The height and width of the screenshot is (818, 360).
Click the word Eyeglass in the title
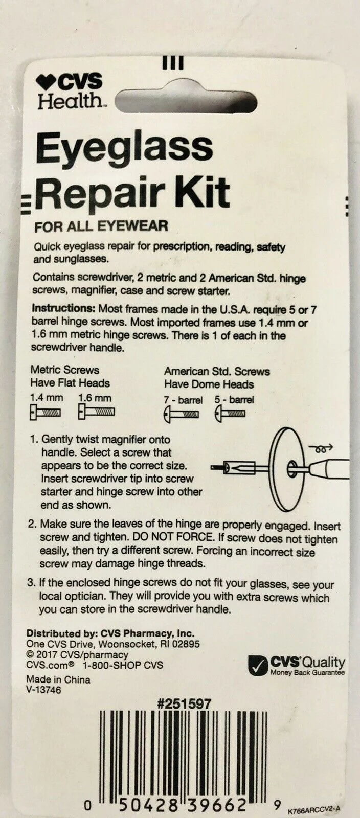[124, 148]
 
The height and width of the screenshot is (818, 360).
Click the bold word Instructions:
[63, 308]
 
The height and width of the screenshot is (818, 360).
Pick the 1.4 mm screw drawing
[45, 413]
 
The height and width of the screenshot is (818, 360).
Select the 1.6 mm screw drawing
[96, 412]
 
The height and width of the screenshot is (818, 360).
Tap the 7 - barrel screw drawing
[181, 415]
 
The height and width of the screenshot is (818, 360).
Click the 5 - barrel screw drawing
[230, 415]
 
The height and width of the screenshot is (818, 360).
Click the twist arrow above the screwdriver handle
[321, 447]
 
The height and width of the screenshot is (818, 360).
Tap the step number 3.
[31, 582]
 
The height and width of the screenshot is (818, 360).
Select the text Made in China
[58, 679]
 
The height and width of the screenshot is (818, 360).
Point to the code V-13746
[44, 690]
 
